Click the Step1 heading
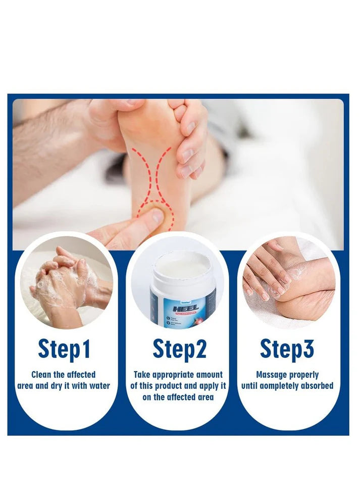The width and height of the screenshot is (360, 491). click(x=64, y=349)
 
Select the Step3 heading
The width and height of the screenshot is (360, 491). click(x=287, y=349)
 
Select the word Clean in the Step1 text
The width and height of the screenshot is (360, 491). click(x=42, y=375)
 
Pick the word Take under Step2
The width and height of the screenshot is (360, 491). click(x=142, y=375)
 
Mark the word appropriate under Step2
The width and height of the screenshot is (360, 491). click(x=174, y=375)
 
